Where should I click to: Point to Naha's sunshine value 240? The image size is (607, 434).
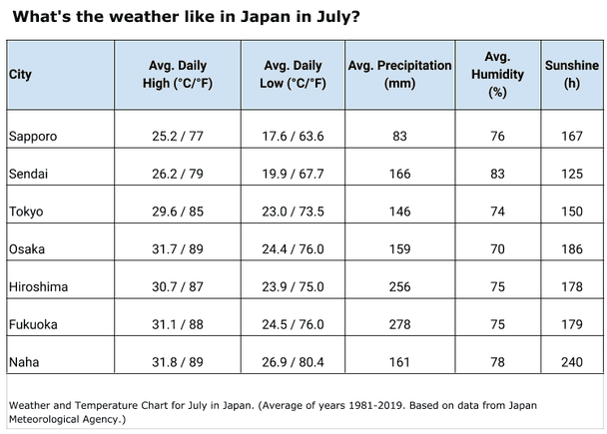pyautogui.click(x=571, y=362)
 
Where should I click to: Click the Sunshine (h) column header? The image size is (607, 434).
pyautogui.click(x=571, y=75)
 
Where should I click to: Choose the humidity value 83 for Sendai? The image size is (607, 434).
pyautogui.click(x=497, y=174)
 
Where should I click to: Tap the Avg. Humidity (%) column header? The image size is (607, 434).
pyautogui.click(x=497, y=75)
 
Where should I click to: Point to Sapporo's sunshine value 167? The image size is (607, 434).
pyautogui.click(x=571, y=136)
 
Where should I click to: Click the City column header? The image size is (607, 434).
pyautogui.click(x=20, y=75)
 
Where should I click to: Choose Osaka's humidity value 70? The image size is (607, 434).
pyautogui.click(x=497, y=249)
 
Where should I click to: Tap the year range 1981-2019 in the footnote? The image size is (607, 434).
pyautogui.click(x=401, y=405)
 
